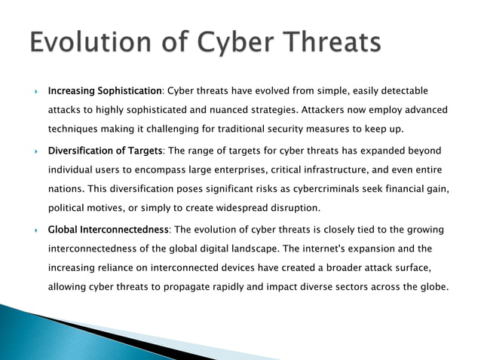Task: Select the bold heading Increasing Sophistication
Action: tap(105, 91)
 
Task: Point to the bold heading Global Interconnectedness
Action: tap(109, 229)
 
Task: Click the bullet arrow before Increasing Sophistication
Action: tap(36, 92)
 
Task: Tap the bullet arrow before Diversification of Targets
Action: tap(36, 151)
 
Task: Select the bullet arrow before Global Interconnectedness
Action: tap(36, 230)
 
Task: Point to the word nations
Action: tap(65, 188)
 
